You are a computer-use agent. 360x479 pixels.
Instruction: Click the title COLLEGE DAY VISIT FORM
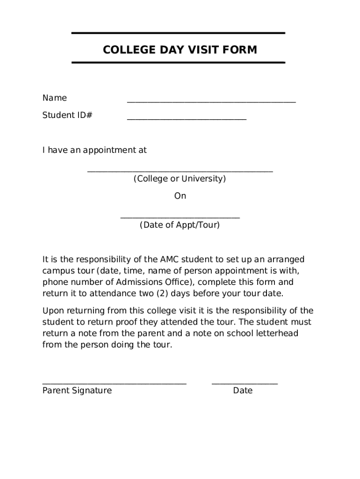(x=180, y=50)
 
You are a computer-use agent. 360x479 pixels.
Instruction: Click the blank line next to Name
(x=211, y=101)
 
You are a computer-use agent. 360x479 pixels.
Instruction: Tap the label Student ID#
(x=67, y=115)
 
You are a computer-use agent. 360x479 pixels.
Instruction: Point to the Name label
(x=55, y=98)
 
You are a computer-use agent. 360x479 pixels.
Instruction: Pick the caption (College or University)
(x=180, y=179)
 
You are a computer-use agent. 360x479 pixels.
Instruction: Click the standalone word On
(x=180, y=196)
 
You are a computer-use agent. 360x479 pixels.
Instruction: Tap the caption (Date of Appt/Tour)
(x=180, y=225)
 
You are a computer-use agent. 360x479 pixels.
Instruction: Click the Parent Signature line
(x=115, y=383)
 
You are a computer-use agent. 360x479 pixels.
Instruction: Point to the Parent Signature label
(x=77, y=391)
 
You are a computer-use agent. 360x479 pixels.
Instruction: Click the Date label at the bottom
(x=243, y=391)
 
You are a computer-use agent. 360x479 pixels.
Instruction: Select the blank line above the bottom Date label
(x=245, y=383)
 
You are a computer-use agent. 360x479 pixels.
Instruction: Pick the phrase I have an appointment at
(x=94, y=150)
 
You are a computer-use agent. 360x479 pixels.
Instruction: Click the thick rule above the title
(x=178, y=33)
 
